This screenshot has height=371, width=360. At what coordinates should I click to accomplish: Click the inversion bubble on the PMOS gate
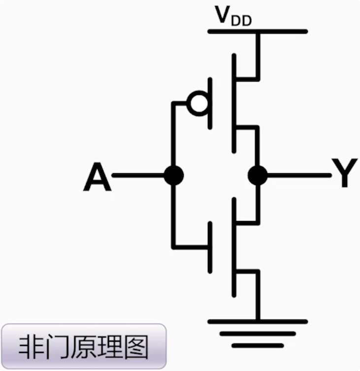[198, 104]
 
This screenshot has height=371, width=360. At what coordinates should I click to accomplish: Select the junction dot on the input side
[173, 175]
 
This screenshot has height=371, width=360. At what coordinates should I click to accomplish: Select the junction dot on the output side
[257, 175]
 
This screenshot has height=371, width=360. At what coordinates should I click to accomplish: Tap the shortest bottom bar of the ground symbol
[258, 345]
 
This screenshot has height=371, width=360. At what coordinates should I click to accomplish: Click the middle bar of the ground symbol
[258, 334]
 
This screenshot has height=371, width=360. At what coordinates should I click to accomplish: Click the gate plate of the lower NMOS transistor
[211, 247]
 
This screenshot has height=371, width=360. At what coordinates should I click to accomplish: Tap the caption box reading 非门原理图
[83, 346]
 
